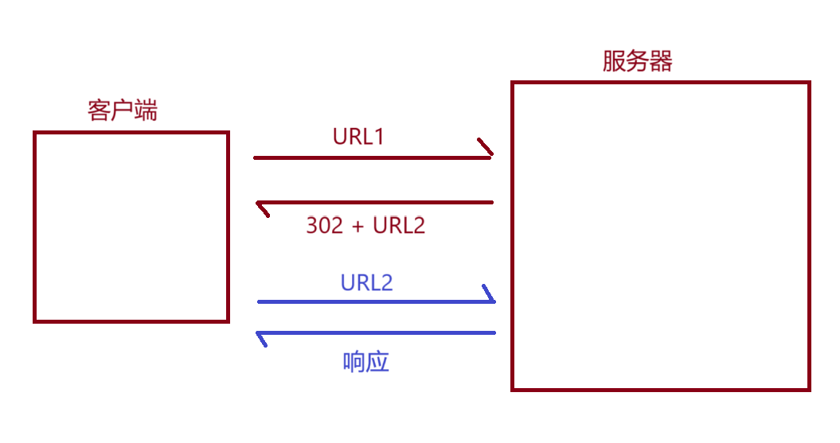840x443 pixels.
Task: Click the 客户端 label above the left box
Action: click(122, 110)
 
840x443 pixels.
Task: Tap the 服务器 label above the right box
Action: click(637, 61)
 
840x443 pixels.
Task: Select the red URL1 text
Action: click(358, 137)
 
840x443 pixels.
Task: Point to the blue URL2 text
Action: click(366, 282)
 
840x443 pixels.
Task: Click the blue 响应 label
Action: click(365, 362)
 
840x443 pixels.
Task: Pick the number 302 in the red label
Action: click(324, 225)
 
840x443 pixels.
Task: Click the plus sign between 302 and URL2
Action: click(357, 226)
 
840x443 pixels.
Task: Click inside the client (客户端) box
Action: click(131, 227)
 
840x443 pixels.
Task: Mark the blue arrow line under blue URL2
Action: click(374, 302)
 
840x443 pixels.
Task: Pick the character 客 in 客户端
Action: click(99, 110)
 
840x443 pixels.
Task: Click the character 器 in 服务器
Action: click(661, 61)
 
